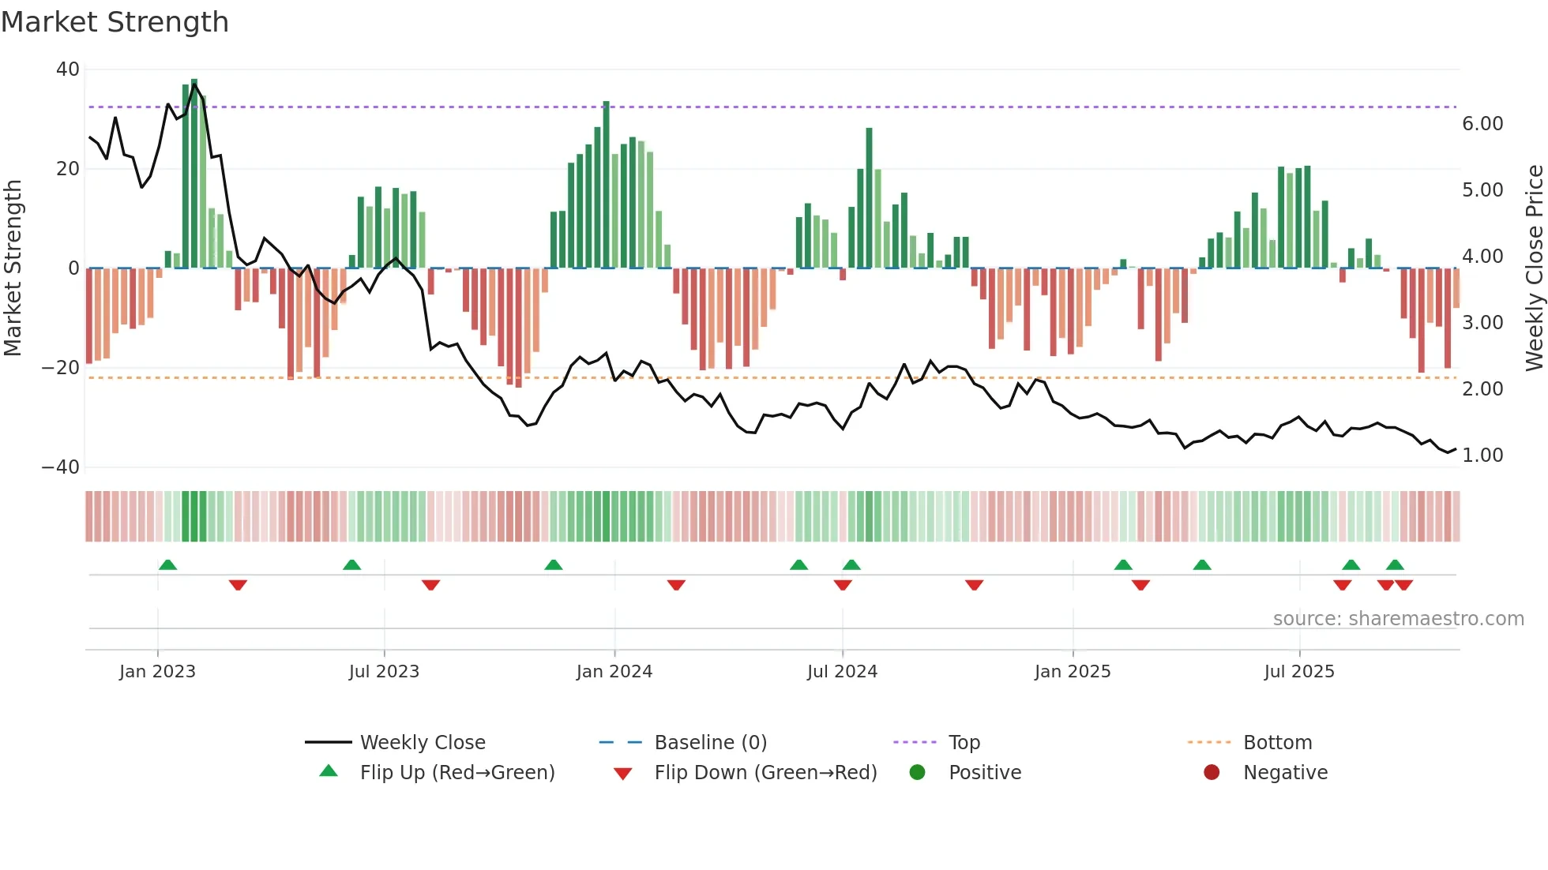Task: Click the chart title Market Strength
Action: click(x=115, y=22)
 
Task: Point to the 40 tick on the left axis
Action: click(x=68, y=69)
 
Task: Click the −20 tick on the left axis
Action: click(x=61, y=368)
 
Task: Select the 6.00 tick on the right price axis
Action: click(x=1482, y=124)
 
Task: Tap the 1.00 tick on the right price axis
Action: click(x=1482, y=456)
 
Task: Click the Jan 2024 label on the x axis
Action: click(x=614, y=672)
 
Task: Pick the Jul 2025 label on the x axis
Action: click(x=1298, y=672)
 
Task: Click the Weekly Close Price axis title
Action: click(x=1534, y=268)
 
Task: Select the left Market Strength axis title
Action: click(x=13, y=268)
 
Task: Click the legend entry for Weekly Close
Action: click(x=422, y=743)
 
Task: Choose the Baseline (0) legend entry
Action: click(x=710, y=743)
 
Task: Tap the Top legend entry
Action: click(x=964, y=743)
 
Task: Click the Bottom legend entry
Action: click(x=1277, y=743)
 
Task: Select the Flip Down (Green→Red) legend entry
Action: click(x=765, y=773)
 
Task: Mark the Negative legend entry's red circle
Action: click(x=1212, y=773)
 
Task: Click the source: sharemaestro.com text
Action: click(x=1398, y=619)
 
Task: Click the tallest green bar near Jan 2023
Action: click(x=194, y=174)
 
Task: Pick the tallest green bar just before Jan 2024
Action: click(x=606, y=186)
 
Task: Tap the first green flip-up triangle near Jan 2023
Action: click(x=167, y=565)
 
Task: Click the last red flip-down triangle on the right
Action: click(x=1403, y=585)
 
